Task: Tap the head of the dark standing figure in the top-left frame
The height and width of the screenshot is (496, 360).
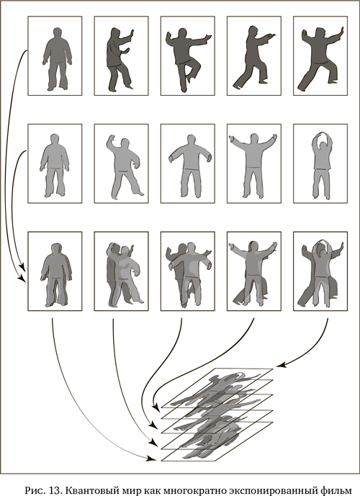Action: point(57,33)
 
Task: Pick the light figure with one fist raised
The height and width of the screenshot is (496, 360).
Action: point(124,166)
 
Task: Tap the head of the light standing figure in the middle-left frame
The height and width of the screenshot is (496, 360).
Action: point(55,140)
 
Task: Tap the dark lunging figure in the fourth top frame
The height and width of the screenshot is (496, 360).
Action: point(252,58)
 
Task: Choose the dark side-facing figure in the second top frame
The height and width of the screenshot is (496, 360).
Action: point(120,58)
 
